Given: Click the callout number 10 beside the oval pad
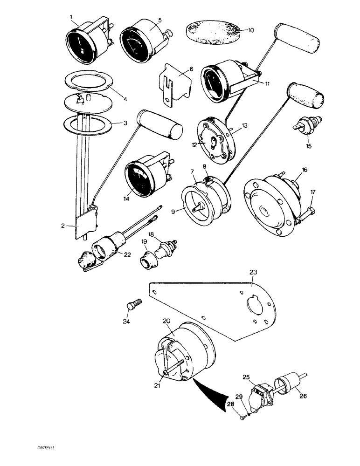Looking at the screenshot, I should (251, 30).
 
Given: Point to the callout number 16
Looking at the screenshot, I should (304, 171).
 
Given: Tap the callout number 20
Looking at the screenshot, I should (166, 321).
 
